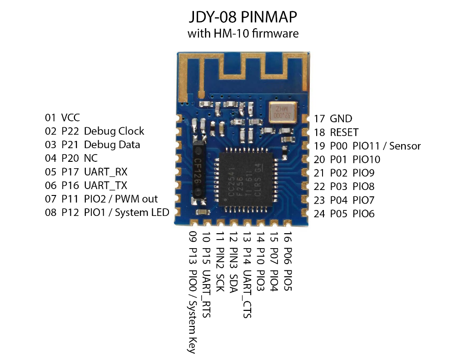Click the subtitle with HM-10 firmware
coord(243,33)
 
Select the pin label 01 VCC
coord(62,118)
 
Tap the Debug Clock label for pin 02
coord(114,131)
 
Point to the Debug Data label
coord(112,145)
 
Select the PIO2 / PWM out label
coord(121,199)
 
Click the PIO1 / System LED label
coord(126,213)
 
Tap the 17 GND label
coord(333,119)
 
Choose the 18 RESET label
coord(336,132)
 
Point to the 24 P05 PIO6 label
coord(344,214)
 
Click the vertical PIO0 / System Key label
coord(192,311)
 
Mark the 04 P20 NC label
coord(71,159)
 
